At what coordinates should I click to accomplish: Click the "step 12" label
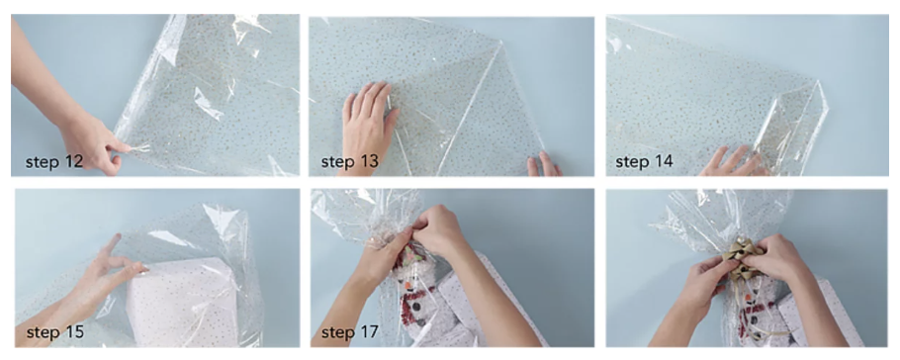[x=54, y=161]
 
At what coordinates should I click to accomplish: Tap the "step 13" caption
[x=349, y=161]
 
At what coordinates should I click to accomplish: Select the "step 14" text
[x=645, y=161]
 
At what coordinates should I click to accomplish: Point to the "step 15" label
[x=54, y=332]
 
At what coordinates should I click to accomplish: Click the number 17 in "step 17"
[x=371, y=332]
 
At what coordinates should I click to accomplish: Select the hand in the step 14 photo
[x=731, y=162]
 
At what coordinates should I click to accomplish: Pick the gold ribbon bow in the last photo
[x=745, y=255]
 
